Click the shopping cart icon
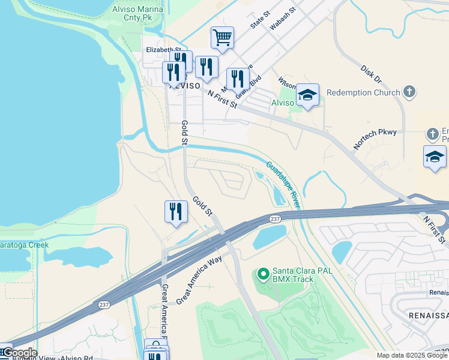click(222, 38)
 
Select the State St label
click(262, 22)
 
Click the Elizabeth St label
click(163, 50)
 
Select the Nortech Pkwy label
click(375, 139)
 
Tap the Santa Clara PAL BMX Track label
click(303, 275)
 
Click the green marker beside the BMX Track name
click(262, 275)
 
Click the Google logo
click(19, 353)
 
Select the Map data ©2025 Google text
click(412, 355)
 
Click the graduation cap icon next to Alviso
click(307, 95)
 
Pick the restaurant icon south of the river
click(176, 212)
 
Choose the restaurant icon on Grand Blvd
click(238, 78)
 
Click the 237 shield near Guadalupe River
click(275, 220)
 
